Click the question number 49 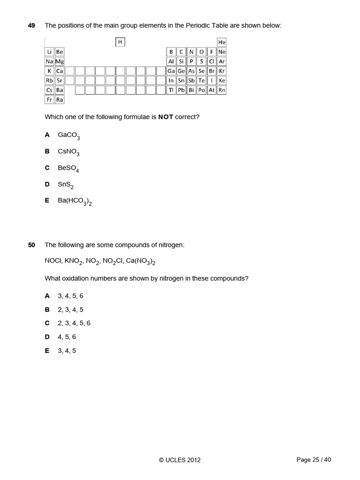[x=31, y=25]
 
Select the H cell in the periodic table [x=120, y=42]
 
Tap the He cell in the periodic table [x=222, y=42]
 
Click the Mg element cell [x=60, y=61]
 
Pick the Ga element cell [x=171, y=71]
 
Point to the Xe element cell [x=222, y=80]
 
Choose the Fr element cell [x=49, y=99]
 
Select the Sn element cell [x=181, y=80]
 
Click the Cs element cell [x=49, y=90]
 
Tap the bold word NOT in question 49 [x=166, y=117]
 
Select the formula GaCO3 [x=69, y=135]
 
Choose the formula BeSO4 [x=69, y=168]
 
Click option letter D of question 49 [x=47, y=184]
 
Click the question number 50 [x=31, y=245]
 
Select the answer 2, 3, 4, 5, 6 [x=74, y=323]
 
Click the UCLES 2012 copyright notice [x=180, y=460]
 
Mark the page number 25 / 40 [x=314, y=460]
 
